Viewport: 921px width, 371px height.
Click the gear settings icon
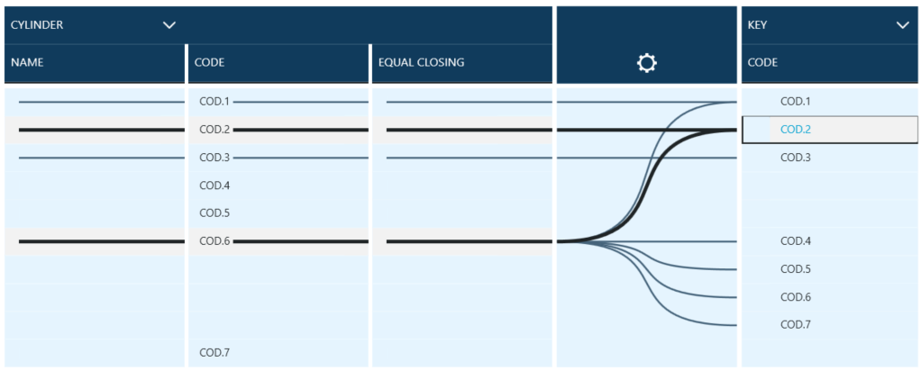pyautogui.click(x=646, y=63)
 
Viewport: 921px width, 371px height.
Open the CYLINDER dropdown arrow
pyautogui.click(x=169, y=25)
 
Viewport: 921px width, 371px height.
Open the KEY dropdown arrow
pyautogui.click(x=903, y=25)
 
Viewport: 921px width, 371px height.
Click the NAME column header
pyautogui.click(x=27, y=63)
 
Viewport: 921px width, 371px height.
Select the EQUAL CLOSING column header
pyautogui.click(x=421, y=63)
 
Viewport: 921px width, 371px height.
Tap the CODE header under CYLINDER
pyautogui.click(x=210, y=63)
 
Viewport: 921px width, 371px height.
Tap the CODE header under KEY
pyautogui.click(x=762, y=63)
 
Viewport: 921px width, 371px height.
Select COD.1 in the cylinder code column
pyautogui.click(x=214, y=102)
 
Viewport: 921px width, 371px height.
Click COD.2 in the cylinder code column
pyautogui.click(x=214, y=130)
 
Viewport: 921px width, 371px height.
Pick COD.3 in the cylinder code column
pyautogui.click(x=214, y=158)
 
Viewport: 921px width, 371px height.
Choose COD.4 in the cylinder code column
pyautogui.click(x=214, y=185)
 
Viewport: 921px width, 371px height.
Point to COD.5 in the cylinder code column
pyautogui.click(x=214, y=213)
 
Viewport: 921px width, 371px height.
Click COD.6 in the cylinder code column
pyautogui.click(x=214, y=241)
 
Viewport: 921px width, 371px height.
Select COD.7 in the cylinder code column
pyautogui.click(x=214, y=352)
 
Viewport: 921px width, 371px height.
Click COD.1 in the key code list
pyautogui.click(x=796, y=102)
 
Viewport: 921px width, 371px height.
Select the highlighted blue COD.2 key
pyautogui.click(x=796, y=130)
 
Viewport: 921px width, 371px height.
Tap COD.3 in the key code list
pyautogui.click(x=796, y=158)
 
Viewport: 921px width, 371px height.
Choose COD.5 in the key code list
pyautogui.click(x=796, y=269)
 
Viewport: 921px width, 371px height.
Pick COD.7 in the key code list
pyautogui.click(x=796, y=324)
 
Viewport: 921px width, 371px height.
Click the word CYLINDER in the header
pyautogui.click(x=37, y=25)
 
